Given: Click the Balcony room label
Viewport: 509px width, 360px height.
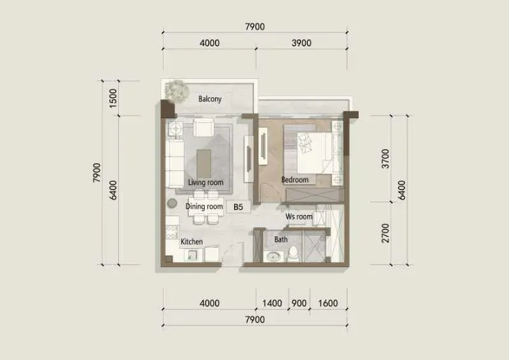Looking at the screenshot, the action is pyautogui.click(x=210, y=99).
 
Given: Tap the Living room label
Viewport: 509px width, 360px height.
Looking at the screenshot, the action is pyautogui.click(x=206, y=182).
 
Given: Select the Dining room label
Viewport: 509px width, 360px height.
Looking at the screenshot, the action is pyautogui.click(x=204, y=206).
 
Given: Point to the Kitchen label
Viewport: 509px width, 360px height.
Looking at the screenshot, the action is pyautogui.click(x=192, y=242).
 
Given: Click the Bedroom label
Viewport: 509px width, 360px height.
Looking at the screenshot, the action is pyautogui.click(x=295, y=179).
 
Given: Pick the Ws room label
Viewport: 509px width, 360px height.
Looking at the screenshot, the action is pyautogui.click(x=299, y=216).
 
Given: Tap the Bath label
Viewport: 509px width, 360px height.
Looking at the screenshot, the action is pyautogui.click(x=281, y=240).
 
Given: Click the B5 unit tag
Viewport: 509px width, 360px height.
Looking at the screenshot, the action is pyautogui.click(x=238, y=207).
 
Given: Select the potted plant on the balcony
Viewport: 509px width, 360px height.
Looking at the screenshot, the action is pyautogui.click(x=177, y=91).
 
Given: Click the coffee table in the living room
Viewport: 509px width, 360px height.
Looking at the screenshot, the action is pyautogui.click(x=204, y=163).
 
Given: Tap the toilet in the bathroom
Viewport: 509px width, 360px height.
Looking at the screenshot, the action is pyautogui.click(x=293, y=254).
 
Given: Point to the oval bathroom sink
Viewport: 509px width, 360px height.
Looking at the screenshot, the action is pyautogui.click(x=274, y=257).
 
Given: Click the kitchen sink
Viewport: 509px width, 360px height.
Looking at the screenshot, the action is pyautogui.click(x=191, y=255).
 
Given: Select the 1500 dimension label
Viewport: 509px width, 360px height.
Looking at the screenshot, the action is pyautogui.click(x=113, y=98).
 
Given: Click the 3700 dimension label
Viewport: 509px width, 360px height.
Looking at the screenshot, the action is pyautogui.click(x=386, y=158).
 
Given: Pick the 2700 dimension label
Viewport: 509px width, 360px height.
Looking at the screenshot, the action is pyautogui.click(x=386, y=233).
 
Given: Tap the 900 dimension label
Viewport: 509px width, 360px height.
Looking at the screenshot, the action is pyautogui.click(x=299, y=303).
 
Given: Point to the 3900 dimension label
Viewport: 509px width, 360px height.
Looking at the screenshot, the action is pyautogui.click(x=301, y=43).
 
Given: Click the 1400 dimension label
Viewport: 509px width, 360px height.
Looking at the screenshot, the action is pyautogui.click(x=272, y=303).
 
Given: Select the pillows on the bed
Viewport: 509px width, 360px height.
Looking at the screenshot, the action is pyautogui.click(x=305, y=142).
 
